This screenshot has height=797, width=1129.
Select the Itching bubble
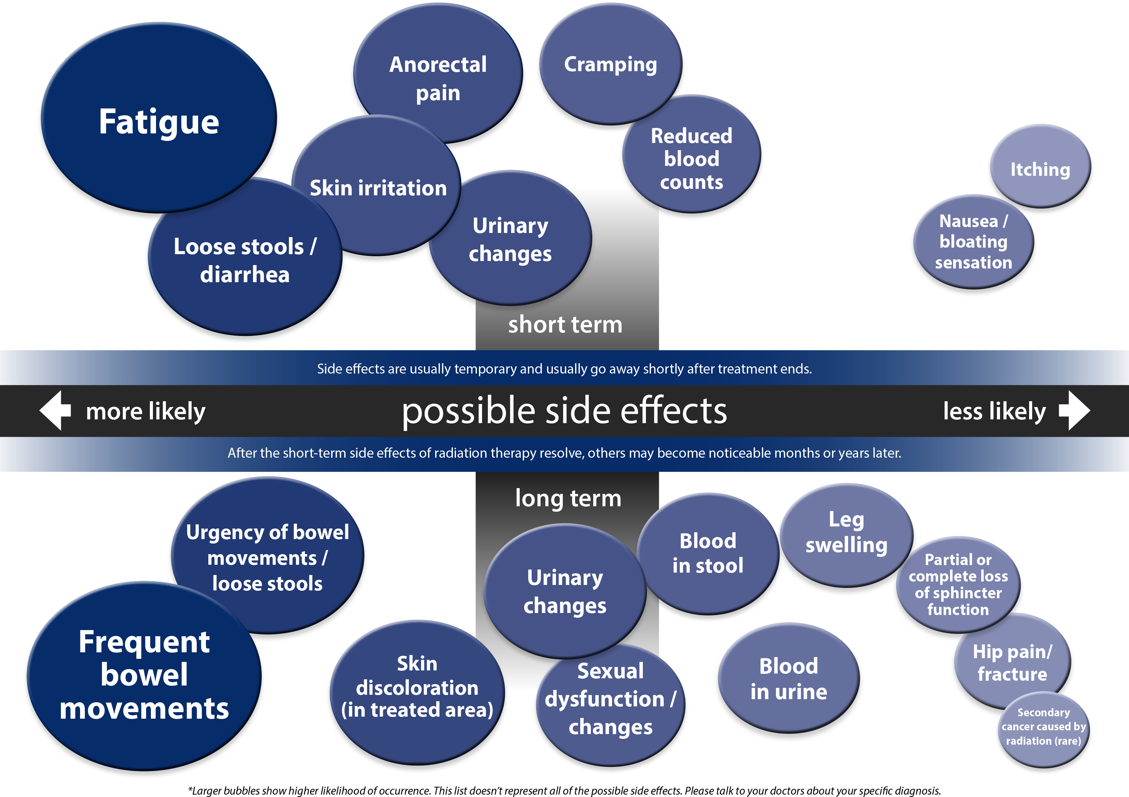(x=1040, y=169)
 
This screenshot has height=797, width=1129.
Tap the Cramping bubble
(x=610, y=64)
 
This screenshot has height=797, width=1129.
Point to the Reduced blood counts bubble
(x=691, y=158)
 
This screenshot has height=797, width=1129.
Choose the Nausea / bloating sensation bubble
(x=973, y=241)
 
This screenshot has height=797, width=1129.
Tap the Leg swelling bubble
(x=846, y=533)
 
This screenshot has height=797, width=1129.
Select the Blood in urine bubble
(x=788, y=679)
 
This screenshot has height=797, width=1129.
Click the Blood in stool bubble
(x=708, y=553)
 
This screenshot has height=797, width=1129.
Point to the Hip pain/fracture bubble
(x=1012, y=662)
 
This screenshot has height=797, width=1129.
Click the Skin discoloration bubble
(x=417, y=687)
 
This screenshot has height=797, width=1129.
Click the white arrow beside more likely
(x=55, y=410)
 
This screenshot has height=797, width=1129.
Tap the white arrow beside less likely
(x=1075, y=410)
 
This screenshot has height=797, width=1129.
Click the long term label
(x=568, y=498)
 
